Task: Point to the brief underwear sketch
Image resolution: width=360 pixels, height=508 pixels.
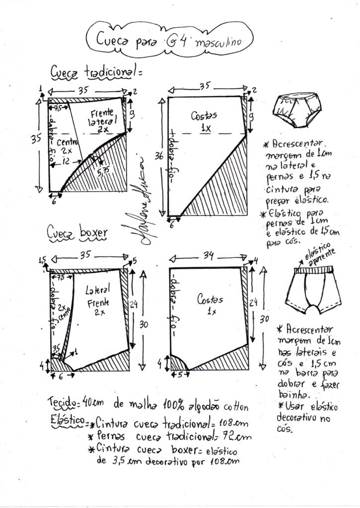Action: coord(297,110)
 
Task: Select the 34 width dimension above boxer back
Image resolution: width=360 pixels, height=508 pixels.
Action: coord(208,256)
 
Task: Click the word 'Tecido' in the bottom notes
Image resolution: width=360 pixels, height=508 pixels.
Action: coord(63,401)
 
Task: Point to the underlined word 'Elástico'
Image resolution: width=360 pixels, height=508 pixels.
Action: coord(68,420)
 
